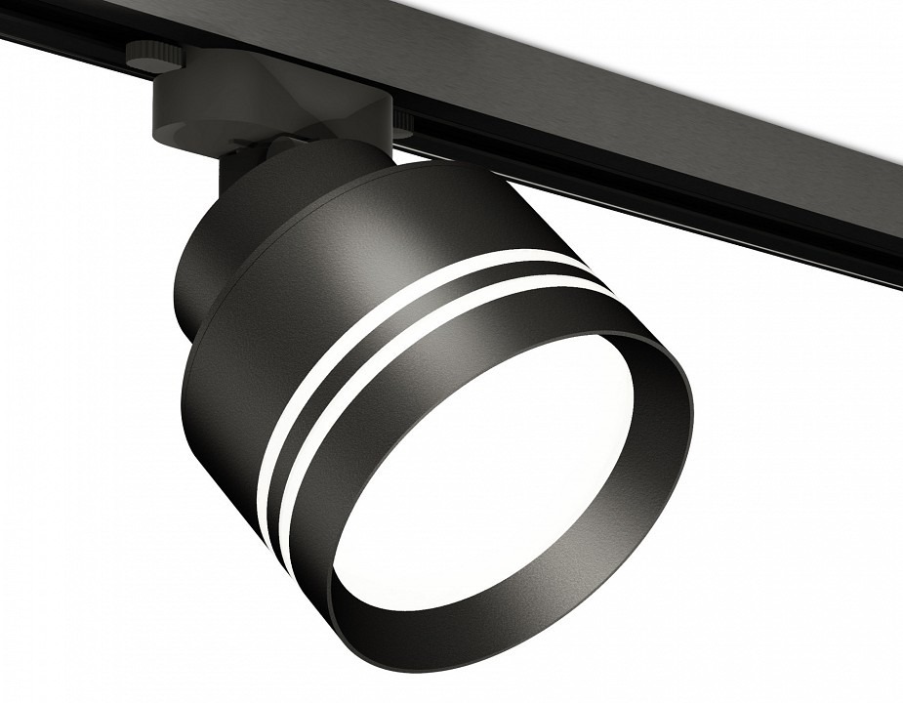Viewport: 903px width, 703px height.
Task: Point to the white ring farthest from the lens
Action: tap(390, 323)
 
